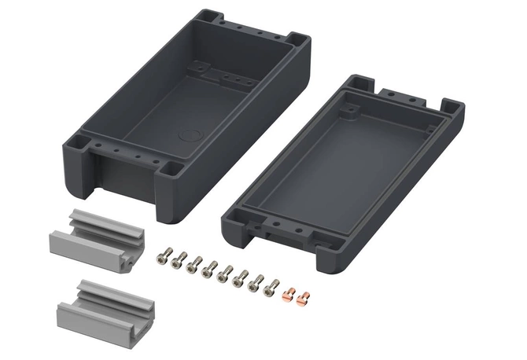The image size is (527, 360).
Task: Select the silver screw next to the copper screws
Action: (x=271, y=288)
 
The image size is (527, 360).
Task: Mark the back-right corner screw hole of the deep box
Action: (x=294, y=37)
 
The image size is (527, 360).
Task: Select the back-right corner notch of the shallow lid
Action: (x=451, y=105)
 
